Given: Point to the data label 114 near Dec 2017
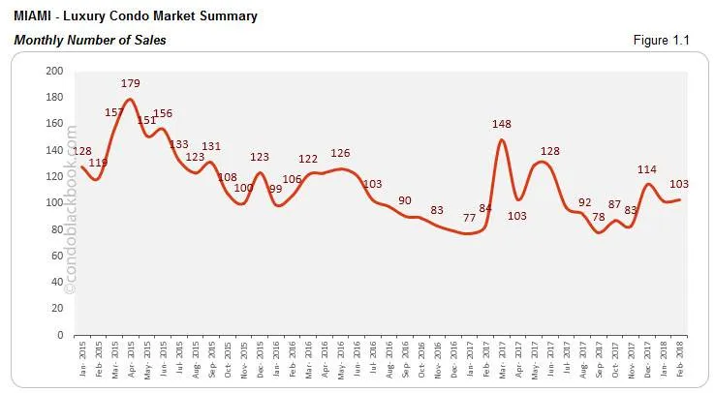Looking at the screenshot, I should (x=647, y=169).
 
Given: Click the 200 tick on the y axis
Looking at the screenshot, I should (x=54, y=72).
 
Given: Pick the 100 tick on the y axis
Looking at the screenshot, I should (x=54, y=203).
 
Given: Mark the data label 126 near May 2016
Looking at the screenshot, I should (x=340, y=153).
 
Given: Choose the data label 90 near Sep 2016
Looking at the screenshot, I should (x=405, y=200).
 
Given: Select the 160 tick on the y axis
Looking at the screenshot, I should (x=54, y=124).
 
